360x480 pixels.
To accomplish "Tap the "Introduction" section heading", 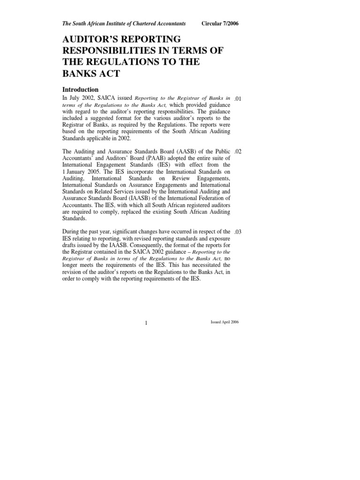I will coord(81,90).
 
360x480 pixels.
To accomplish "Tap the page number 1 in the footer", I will coord(147,323).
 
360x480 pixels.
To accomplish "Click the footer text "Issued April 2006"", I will coord(225,323).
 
